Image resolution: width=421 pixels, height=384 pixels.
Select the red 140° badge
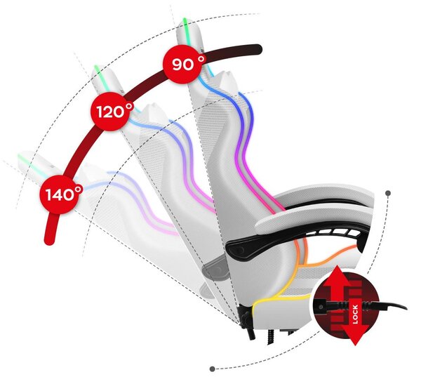point(60,194)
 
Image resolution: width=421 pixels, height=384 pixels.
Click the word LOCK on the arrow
point(355,315)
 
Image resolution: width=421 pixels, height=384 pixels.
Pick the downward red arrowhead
point(355,335)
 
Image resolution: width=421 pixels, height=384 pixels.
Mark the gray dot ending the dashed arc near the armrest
point(388,193)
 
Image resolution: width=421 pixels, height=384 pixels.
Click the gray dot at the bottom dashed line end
point(212,369)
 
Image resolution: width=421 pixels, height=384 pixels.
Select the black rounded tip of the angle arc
point(258,49)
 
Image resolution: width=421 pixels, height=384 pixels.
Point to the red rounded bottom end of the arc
point(49,239)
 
